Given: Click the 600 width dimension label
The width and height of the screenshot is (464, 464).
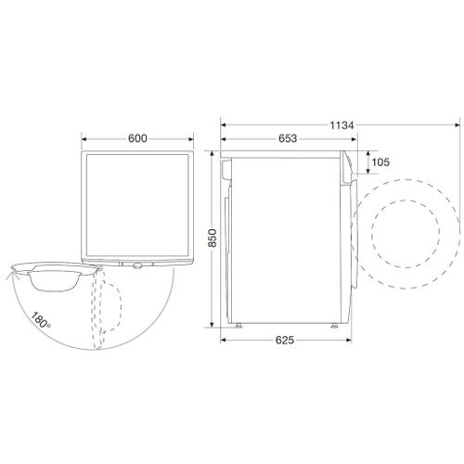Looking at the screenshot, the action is tap(137, 138).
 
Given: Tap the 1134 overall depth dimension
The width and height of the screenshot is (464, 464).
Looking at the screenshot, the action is tap(342, 125).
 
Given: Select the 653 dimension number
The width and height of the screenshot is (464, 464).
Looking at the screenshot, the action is tap(288, 138).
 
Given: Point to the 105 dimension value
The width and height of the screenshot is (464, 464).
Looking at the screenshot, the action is tap(380, 162).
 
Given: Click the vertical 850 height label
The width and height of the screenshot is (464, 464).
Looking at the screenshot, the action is tap(213, 238).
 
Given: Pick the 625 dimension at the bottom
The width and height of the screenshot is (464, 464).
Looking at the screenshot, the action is tap(285, 341).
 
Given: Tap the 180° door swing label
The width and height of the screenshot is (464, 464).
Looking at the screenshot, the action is tap(41, 320).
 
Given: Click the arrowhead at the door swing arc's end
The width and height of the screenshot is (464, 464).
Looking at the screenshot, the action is tap(10, 273).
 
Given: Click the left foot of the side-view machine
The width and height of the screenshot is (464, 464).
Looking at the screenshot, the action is tap(238, 326).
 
